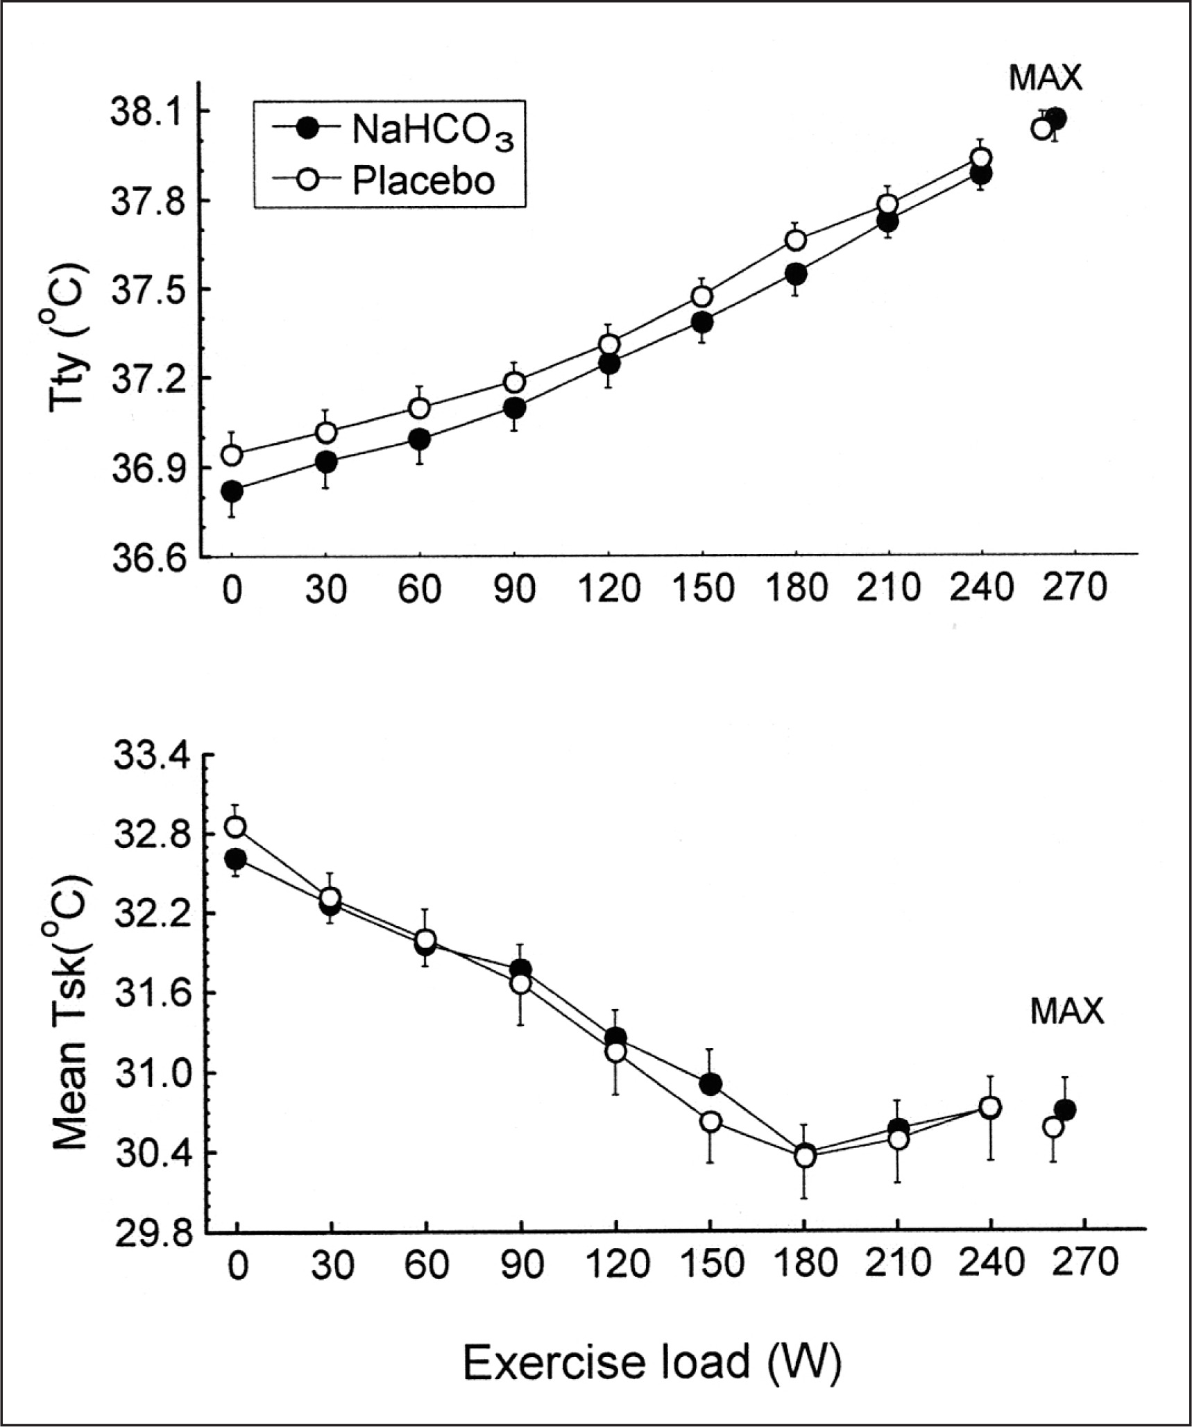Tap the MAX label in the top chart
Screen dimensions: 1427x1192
(1045, 78)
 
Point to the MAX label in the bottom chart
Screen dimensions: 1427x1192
(1066, 1012)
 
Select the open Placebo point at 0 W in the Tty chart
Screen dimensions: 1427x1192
(232, 455)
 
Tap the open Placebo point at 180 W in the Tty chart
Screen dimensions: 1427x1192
(796, 240)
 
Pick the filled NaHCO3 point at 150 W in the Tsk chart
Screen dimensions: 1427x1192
(710, 1083)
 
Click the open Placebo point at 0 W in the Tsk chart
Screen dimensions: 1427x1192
(236, 827)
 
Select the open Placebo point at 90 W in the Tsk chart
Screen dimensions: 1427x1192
(520, 983)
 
